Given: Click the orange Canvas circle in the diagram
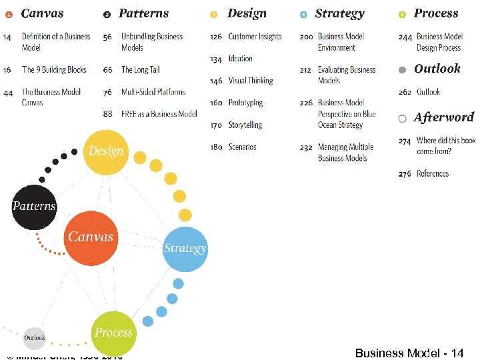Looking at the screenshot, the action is [91, 237].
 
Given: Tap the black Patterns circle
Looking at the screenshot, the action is [35, 207].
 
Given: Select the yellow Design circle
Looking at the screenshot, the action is [106, 151].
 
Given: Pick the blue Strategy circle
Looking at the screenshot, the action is [185, 249].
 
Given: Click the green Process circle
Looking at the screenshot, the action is [113, 333].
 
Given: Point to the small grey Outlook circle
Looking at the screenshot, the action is [35, 338].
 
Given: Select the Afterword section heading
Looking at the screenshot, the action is [443, 117].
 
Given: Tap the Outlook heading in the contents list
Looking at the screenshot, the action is [437, 69].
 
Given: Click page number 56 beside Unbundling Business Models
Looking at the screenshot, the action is [107, 37].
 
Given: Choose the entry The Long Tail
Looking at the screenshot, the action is [140, 69].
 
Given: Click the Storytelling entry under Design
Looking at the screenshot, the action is [245, 125].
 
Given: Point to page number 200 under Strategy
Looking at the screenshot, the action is [306, 37].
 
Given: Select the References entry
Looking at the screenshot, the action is [433, 173].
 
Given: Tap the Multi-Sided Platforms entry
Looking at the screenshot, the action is [153, 92].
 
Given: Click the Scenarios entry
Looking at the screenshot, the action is [242, 147].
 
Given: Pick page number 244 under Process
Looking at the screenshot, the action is [405, 37].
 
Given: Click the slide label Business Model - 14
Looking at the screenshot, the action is [409, 353].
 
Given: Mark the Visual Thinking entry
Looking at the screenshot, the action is [251, 81].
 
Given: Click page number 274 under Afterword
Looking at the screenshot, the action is [405, 141].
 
